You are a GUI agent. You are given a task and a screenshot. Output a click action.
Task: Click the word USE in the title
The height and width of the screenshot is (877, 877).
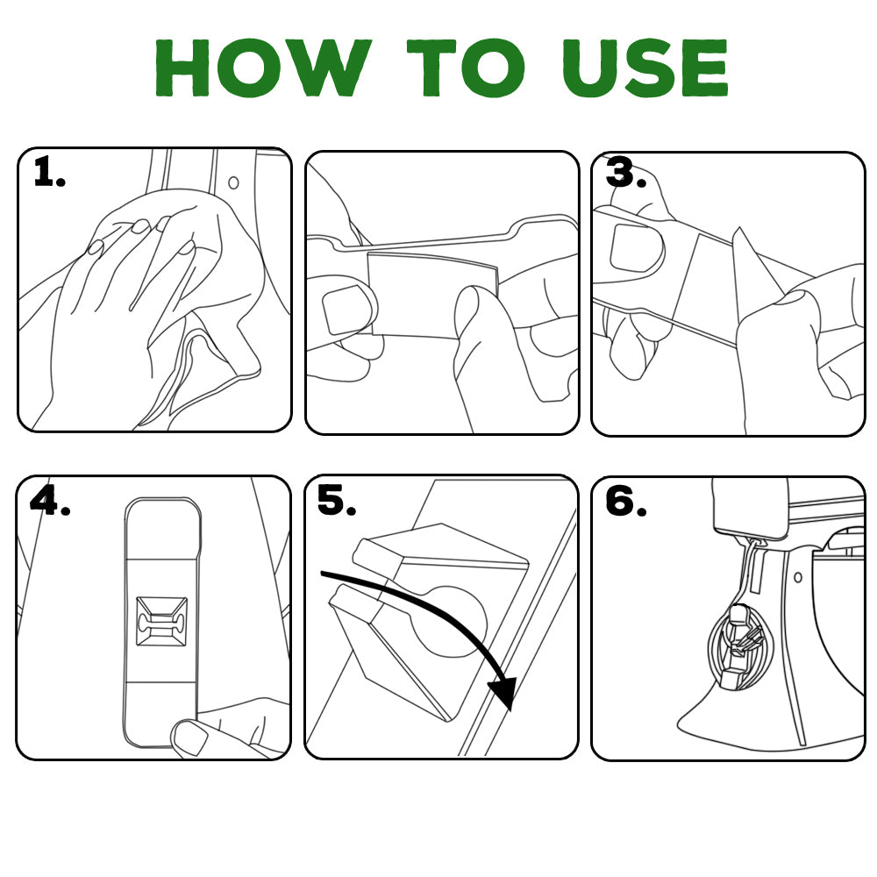tap(644, 68)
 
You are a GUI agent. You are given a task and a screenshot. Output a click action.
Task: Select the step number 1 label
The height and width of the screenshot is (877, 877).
tap(48, 173)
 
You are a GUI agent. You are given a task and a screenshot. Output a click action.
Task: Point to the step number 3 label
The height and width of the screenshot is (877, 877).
tap(625, 175)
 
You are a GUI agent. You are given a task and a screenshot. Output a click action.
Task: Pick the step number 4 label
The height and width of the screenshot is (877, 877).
tap(49, 500)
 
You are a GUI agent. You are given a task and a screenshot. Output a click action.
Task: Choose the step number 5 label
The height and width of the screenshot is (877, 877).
tap(336, 501)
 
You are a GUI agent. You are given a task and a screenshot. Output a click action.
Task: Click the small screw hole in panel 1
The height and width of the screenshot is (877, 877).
tap(233, 183)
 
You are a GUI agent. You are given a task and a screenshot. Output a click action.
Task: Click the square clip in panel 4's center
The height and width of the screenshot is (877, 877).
tap(162, 624)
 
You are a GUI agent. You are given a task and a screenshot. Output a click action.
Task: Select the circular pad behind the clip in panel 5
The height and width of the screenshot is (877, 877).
tap(456, 618)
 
